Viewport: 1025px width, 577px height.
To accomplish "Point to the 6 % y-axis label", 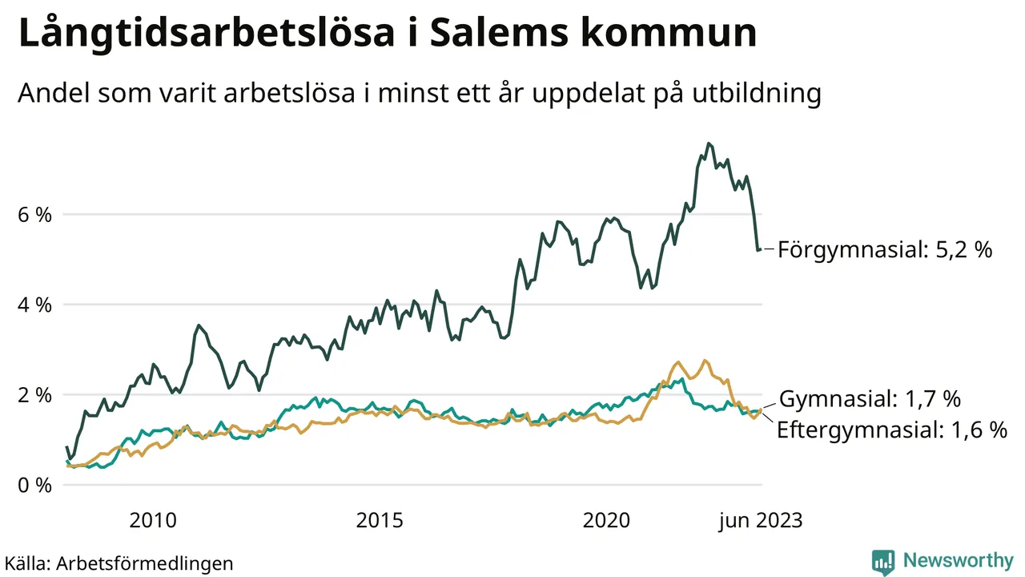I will (x=35, y=215).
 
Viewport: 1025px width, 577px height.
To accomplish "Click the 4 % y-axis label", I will (x=35, y=305).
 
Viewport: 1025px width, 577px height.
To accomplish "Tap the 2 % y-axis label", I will (x=35, y=395).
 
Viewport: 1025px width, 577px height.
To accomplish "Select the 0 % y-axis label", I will (x=35, y=486).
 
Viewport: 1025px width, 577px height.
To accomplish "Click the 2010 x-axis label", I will (x=153, y=521).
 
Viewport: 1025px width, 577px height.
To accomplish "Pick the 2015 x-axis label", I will (x=380, y=521).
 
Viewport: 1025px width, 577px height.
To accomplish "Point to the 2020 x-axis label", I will (x=607, y=521).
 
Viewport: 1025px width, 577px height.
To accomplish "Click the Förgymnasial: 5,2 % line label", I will (x=885, y=250).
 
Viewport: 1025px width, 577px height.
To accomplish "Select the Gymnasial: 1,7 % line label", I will (x=870, y=398).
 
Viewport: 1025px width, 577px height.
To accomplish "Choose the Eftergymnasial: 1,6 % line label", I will (x=892, y=430).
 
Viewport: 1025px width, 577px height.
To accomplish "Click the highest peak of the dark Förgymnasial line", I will (x=708, y=143).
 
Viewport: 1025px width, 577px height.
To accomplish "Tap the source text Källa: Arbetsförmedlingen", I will (x=119, y=563).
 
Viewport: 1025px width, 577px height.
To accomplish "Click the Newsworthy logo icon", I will (x=883, y=562).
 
